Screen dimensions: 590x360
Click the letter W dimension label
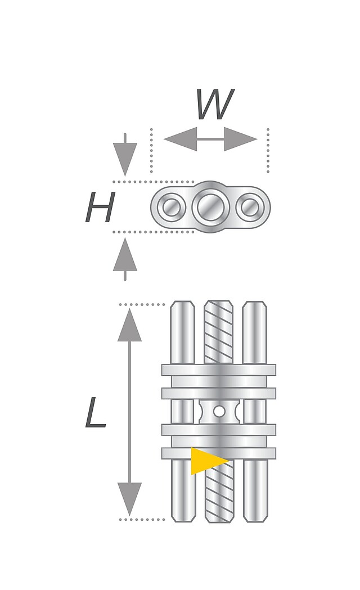(x=214, y=105)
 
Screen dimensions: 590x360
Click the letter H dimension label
(x=100, y=208)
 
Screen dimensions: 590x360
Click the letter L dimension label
(x=96, y=413)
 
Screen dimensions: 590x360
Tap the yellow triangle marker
(x=205, y=461)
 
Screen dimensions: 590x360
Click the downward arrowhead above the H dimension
(x=125, y=158)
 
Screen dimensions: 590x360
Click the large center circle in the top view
(x=211, y=208)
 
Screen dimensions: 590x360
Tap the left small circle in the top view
(x=171, y=208)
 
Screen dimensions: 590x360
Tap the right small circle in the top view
(x=250, y=208)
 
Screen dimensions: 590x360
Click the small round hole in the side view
(x=219, y=411)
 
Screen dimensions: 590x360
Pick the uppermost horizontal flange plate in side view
(x=219, y=370)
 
